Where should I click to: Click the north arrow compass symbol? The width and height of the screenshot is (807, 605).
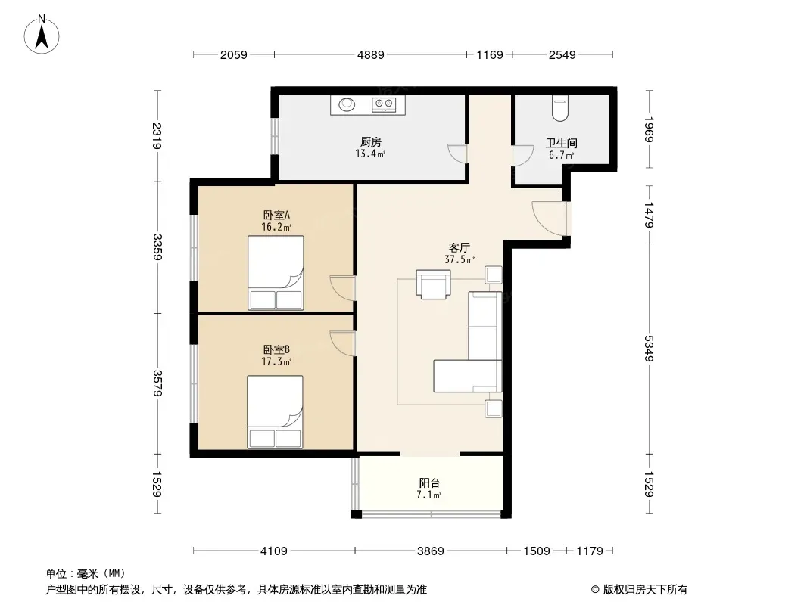point(42,35)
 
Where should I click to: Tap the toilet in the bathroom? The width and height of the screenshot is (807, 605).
point(560,107)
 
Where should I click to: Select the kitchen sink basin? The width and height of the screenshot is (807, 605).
point(347,104)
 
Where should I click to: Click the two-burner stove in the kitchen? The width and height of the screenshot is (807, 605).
point(384,104)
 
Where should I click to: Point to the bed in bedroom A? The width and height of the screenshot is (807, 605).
point(276,273)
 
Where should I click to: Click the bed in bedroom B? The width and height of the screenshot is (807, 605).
point(275,411)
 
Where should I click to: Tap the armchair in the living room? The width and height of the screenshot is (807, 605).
point(433,284)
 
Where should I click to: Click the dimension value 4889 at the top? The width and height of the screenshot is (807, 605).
point(370,54)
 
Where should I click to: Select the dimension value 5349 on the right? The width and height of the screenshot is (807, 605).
point(649,348)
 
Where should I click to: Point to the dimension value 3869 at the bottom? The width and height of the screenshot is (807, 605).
point(430,551)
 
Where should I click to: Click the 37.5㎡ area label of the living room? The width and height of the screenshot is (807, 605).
point(460,259)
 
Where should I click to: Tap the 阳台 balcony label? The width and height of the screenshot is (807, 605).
point(429,482)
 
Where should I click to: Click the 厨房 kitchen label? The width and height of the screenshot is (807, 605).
point(370,142)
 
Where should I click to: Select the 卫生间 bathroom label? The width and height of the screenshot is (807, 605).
point(561,144)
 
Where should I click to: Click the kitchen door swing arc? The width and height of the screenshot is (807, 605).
point(457,154)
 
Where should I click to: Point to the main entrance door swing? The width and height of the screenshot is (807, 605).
point(550,219)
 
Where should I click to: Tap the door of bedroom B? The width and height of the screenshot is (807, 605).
point(343,343)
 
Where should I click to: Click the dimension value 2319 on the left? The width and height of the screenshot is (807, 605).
point(157,136)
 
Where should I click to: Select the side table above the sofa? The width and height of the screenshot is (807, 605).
point(493,275)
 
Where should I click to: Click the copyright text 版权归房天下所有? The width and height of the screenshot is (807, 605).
point(645,590)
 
